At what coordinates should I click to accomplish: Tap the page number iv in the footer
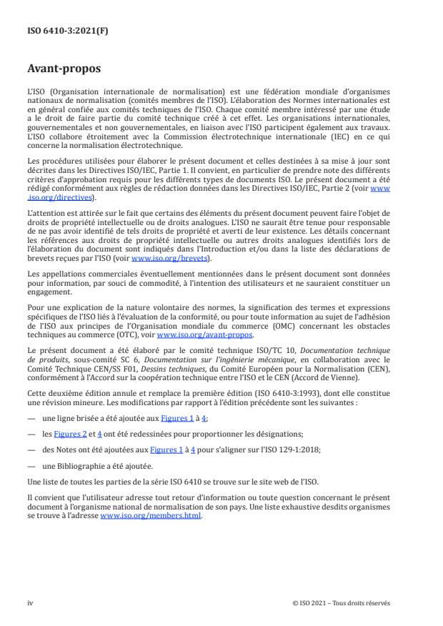coord(30,602)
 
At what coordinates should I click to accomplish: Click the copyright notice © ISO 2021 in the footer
coord(342,602)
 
